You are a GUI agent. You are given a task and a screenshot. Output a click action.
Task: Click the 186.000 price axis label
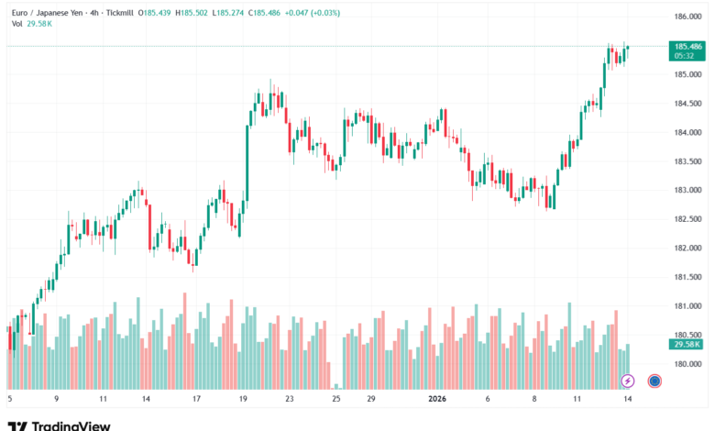(687, 17)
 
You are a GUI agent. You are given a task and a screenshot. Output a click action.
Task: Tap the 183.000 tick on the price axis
(687, 190)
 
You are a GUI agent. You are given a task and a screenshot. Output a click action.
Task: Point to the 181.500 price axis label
(687, 277)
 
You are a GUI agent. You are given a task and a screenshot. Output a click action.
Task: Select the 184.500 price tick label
(687, 104)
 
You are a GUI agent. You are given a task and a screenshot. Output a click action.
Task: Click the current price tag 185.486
(687, 46)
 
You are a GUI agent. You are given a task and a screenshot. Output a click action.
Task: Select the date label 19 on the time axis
(242, 400)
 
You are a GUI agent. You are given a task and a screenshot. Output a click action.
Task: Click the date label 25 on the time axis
(336, 400)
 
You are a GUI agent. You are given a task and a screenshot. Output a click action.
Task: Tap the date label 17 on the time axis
(196, 400)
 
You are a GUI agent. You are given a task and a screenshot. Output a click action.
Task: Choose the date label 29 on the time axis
(370, 400)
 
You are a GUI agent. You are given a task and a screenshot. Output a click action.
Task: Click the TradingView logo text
(71, 425)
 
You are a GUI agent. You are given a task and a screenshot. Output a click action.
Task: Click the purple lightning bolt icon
(628, 381)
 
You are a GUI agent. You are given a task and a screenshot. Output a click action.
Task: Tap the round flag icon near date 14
(654, 381)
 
